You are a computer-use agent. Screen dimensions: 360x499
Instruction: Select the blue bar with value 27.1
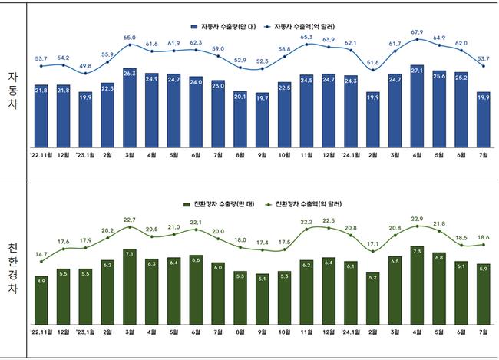tap(418, 106)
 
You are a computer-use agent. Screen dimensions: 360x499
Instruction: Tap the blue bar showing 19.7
tap(263, 120)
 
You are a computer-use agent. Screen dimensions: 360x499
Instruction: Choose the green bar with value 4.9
tap(41, 299)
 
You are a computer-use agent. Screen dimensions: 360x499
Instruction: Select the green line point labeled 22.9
tap(418, 226)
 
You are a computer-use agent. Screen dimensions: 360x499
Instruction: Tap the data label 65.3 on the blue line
tap(307, 36)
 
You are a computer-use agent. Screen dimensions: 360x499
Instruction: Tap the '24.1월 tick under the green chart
tap(350, 332)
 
